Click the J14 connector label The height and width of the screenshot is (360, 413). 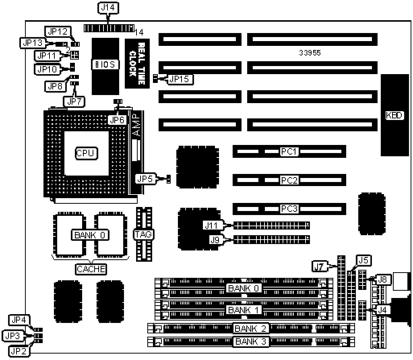point(108,8)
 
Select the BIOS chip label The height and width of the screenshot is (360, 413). point(105,64)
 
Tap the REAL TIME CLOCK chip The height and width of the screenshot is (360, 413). point(137,64)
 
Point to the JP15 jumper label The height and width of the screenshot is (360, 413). point(180,79)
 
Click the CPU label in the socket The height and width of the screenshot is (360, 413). point(85,153)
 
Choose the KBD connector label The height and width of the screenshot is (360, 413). point(394,115)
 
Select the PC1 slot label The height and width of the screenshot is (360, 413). point(289,151)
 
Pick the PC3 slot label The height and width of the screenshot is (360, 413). point(289,209)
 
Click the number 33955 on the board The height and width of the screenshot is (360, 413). point(310,53)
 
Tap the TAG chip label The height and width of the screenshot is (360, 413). point(143,234)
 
